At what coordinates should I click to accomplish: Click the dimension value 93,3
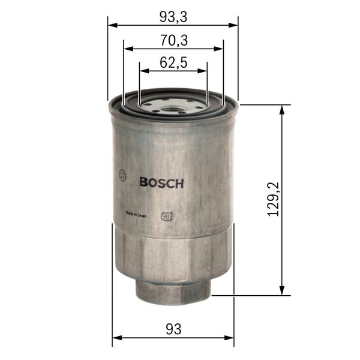[173, 17]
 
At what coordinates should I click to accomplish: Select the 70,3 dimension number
[173, 40]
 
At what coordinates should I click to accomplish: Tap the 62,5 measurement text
[173, 61]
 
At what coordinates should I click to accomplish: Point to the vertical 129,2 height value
[274, 200]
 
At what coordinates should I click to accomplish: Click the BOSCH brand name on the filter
[161, 184]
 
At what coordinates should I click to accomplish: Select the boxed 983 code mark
[167, 217]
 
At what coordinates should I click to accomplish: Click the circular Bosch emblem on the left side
[123, 175]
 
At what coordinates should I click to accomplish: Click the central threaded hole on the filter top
[173, 110]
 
